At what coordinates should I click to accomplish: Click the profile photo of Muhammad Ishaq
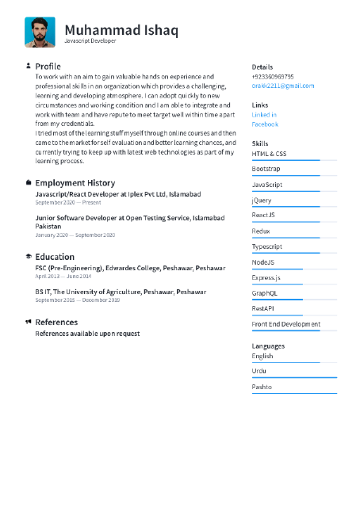[x=40, y=32]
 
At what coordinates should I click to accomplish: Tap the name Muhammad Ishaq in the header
[x=121, y=30]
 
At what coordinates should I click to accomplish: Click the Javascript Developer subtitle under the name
[x=90, y=40]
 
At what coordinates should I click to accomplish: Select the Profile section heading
[x=48, y=66]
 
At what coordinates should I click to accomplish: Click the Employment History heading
[x=75, y=183]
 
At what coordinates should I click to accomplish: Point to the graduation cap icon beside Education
[x=29, y=257]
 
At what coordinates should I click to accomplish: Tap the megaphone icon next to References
[x=29, y=322]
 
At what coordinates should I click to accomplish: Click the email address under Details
[x=282, y=86]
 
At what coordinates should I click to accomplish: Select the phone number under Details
[x=273, y=77]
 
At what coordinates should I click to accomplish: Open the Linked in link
[x=264, y=115]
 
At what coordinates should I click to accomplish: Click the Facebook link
[x=265, y=124]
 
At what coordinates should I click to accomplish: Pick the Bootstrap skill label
[x=266, y=169]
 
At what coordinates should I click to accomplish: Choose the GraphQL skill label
[x=265, y=293]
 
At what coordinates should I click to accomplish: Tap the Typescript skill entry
[x=267, y=246]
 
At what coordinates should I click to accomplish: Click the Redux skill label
[x=261, y=231]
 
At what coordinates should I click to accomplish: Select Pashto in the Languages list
[x=262, y=387]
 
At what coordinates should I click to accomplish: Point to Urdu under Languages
[x=259, y=371]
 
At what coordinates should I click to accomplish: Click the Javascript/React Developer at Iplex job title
[x=117, y=194]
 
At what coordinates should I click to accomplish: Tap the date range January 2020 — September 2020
[x=75, y=235]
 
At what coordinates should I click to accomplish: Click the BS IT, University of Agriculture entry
[x=121, y=292]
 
